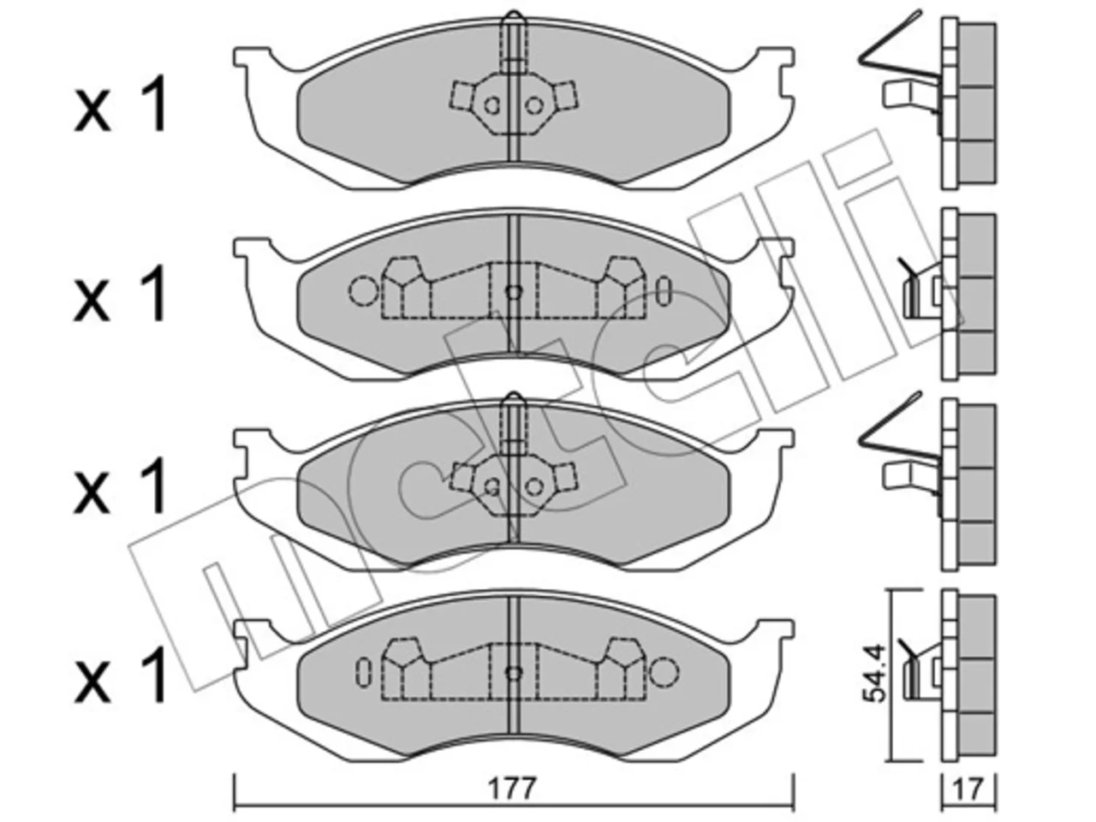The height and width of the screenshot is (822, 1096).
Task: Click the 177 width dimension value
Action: coord(512,789)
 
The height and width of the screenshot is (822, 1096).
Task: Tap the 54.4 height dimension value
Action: coord(877,674)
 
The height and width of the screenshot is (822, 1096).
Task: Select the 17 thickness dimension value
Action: coord(968,789)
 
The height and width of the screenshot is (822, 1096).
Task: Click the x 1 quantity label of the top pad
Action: coord(121,104)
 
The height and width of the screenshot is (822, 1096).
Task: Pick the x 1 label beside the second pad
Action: coord(121,294)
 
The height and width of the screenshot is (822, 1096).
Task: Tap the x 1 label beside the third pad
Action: coord(121,486)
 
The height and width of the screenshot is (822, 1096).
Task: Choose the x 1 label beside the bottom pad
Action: coord(121,676)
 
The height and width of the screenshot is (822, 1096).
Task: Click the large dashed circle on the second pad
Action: coord(364,290)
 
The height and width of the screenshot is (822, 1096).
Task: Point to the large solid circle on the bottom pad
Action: coord(664,672)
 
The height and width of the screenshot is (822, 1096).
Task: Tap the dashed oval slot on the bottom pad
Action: coord(363,672)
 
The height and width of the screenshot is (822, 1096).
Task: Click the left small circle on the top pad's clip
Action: coord(492,105)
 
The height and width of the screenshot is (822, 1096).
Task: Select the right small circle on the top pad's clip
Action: coord(534,105)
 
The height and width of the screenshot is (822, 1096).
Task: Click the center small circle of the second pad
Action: coord(514,292)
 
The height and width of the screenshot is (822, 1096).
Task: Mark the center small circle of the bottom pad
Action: coord(514,673)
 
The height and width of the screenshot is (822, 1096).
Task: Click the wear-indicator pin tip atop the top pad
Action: coord(514,13)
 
